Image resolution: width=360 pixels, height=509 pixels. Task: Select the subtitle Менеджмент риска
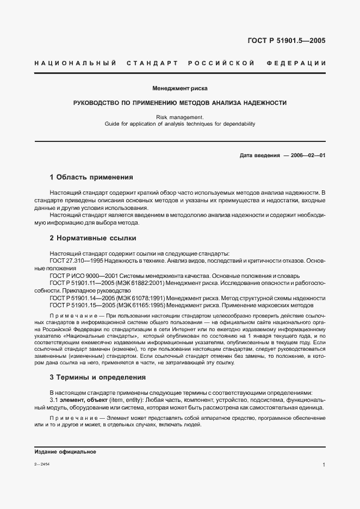(179, 88)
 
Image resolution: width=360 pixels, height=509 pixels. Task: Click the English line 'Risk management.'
(179, 116)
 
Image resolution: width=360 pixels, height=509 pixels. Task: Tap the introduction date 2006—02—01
(306, 155)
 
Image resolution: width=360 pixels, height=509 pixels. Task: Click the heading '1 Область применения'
(91, 177)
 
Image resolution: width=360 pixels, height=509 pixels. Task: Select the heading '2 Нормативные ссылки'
(93, 238)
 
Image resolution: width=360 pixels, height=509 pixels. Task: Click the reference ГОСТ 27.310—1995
(74, 261)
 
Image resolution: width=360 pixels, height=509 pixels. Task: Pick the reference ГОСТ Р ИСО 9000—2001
(79, 276)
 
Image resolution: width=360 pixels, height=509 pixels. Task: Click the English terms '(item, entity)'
(123, 400)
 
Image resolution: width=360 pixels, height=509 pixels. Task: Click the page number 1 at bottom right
(324, 465)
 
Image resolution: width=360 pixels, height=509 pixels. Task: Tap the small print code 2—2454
(41, 465)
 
